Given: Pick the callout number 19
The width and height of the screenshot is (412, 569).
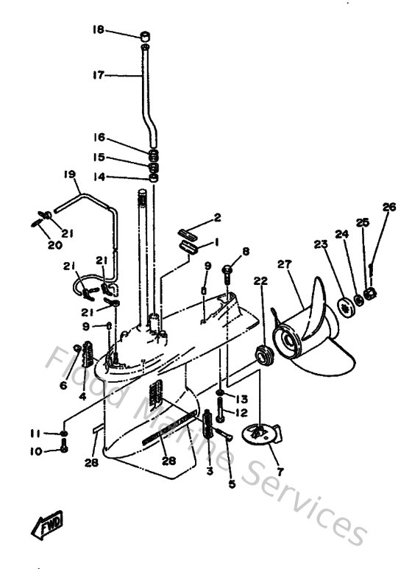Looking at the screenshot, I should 70,174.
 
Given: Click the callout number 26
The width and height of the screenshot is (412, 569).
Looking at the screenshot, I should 388,207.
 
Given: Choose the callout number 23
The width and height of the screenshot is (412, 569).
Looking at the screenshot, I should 319,244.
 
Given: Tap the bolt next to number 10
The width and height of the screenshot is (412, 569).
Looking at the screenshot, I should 64,448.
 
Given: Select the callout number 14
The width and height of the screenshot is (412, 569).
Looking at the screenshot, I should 99,177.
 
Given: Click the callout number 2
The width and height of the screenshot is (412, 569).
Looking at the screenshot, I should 217,217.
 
